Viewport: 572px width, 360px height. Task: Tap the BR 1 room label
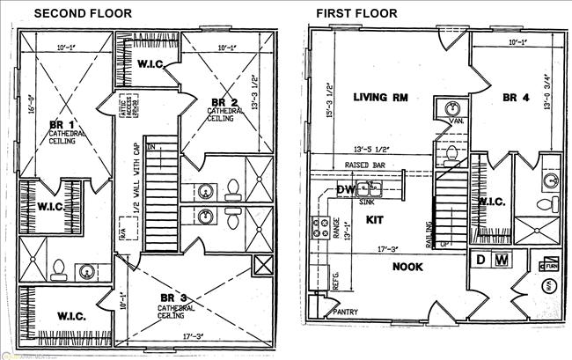pos(62,126)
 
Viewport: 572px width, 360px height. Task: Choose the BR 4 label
pos(515,97)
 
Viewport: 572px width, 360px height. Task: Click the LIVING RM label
pos(380,97)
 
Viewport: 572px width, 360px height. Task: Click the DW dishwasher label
pos(344,190)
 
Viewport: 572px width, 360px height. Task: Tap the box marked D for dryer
pos(480,260)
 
